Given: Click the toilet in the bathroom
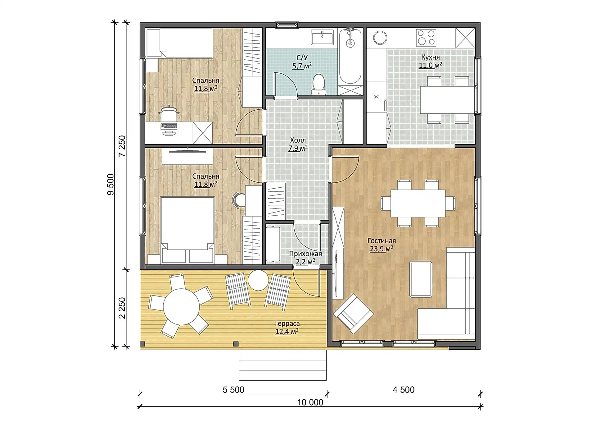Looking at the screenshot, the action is [x=318, y=84].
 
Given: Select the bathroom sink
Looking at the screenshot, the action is [x=322, y=38].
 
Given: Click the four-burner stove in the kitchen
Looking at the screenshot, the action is [x=426, y=38].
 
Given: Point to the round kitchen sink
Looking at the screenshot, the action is [x=380, y=38].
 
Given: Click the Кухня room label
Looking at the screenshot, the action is [x=430, y=57].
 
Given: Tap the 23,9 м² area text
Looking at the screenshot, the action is [x=382, y=249].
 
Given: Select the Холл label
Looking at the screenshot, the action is [x=298, y=140].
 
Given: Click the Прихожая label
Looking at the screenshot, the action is [x=305, y=254].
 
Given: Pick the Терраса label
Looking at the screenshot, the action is [x=287, y=324].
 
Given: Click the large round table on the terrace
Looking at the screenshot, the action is [x=182, y=307].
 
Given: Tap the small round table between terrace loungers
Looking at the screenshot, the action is [x=259, y=280].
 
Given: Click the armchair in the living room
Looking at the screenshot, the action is [x=353, y=312].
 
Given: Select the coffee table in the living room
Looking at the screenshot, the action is [x=421, y=279].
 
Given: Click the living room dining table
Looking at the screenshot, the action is [x=418, y=204].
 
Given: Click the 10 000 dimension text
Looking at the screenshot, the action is [x=310, y=402].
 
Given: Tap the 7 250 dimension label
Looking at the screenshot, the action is [x=122, y=146].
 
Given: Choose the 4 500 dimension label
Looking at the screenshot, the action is [x=404, y=390].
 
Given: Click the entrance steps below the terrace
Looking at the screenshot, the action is [x=282, y=365].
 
